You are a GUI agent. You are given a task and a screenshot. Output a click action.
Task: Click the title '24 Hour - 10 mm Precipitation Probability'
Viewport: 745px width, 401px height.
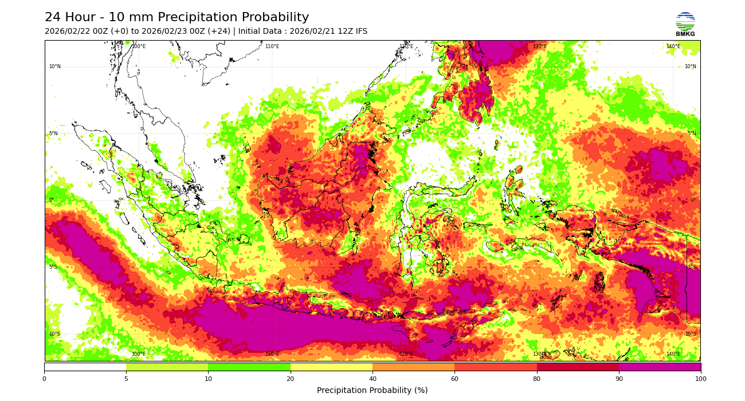177,18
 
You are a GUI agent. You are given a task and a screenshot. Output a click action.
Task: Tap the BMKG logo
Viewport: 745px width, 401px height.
685,24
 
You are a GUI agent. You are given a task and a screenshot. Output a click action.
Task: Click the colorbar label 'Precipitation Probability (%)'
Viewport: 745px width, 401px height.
372,390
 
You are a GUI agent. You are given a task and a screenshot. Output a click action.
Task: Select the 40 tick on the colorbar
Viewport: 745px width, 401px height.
372,378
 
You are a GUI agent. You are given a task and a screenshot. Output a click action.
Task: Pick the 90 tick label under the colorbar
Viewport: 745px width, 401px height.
618,378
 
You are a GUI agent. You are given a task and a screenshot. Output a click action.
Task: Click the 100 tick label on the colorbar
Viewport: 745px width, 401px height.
700,378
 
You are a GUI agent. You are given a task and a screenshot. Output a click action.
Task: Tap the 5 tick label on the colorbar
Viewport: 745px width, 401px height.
126,378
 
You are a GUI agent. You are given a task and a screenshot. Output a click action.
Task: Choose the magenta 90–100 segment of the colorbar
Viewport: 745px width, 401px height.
659,367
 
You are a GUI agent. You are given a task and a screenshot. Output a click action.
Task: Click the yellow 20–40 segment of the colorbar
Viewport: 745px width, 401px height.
331,367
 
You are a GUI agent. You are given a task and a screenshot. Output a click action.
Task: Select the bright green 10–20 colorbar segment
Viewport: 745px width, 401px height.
249,367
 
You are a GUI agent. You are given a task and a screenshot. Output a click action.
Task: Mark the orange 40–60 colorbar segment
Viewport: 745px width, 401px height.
413,367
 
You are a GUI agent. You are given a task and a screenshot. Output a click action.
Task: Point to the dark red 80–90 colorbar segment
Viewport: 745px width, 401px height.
578,367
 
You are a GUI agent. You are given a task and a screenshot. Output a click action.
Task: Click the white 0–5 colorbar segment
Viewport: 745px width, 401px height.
85,367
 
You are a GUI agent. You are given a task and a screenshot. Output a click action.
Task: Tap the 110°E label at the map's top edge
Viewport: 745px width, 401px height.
272,46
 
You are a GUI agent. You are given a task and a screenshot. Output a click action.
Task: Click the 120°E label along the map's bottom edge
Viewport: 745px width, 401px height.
406,354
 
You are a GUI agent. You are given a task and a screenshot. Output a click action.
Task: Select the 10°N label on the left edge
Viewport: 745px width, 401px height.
54,66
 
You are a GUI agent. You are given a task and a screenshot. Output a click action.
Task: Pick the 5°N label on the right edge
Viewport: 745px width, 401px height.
691,133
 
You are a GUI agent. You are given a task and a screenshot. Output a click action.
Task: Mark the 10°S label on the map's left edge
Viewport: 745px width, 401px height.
54,334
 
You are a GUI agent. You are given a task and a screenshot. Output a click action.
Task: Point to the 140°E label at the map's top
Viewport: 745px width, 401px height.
673,46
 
